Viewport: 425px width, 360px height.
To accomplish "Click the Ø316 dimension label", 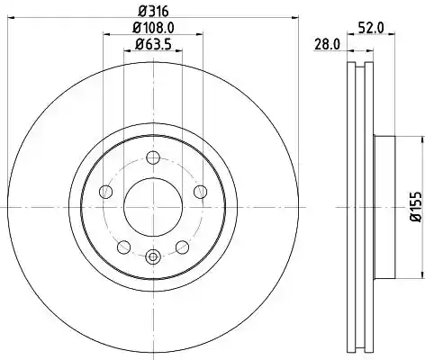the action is [153, 12].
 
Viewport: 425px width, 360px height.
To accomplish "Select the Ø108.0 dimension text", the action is [153, 28].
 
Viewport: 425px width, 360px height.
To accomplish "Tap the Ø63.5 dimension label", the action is [153, 45].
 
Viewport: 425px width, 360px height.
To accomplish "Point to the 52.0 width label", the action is [371, 28].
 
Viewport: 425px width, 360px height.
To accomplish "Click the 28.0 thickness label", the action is [327, 45].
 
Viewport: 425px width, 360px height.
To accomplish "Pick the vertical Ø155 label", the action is [416, 207].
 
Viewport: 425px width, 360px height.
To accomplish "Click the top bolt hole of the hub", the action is [153, 157].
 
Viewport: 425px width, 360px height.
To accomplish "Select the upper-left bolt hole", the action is [105, 192].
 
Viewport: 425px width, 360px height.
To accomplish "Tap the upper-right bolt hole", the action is [200, 192].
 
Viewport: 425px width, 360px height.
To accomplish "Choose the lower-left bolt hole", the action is [123, 247].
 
